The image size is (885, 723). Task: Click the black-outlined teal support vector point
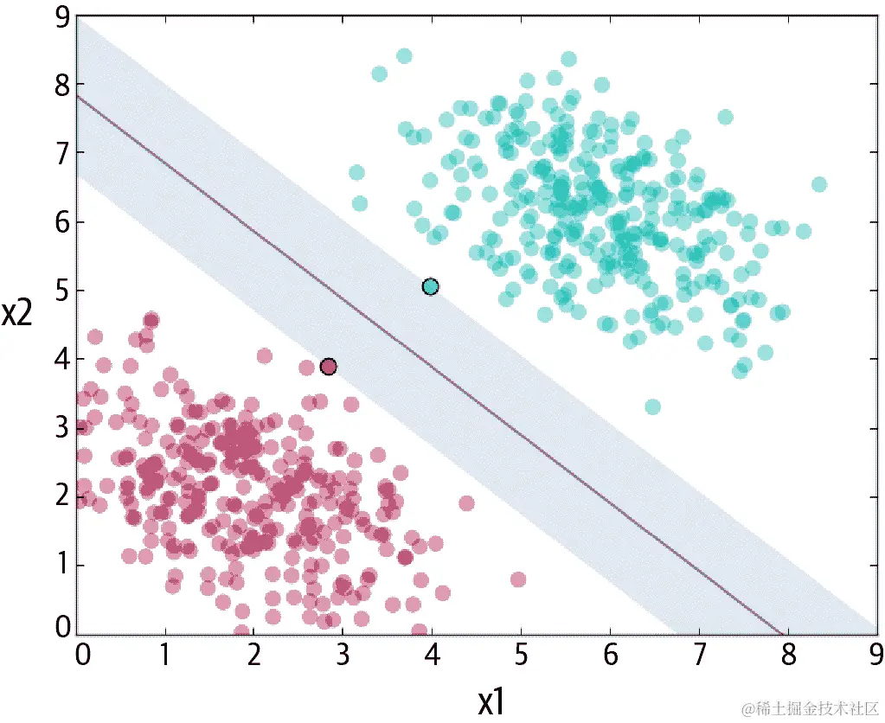tap(430, 287)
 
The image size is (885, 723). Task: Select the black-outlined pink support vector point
tap(328, 367)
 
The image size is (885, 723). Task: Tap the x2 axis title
tap(18, 312)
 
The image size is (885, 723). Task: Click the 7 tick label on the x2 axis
tap(61, 153)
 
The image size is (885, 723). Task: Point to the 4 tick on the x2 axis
tap(61, 359)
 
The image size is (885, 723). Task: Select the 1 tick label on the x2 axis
tap(61, 566)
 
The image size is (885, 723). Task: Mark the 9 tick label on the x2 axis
tap(61, 17)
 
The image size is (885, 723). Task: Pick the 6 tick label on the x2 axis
tap(61, 222)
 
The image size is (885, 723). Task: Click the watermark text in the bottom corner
tap(802, 707)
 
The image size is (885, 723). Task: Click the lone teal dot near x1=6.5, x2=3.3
tap(653, 406)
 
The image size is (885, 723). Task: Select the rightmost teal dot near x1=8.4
tap(818, 184)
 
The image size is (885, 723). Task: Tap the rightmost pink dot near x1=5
tap(518, 579)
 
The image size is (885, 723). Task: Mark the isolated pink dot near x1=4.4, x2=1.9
tap(466, 503)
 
